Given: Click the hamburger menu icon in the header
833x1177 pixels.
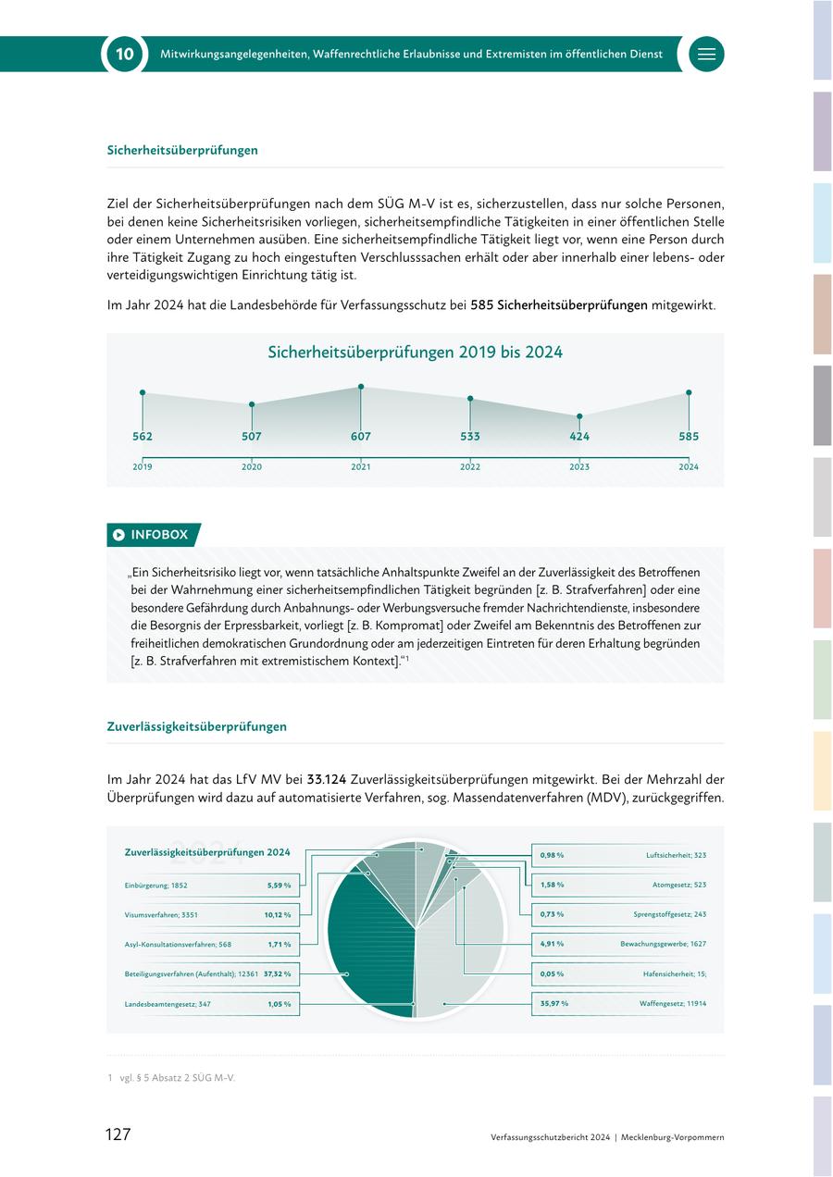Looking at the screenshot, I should tap(706, 54).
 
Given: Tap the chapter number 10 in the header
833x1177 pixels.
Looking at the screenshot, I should tap(124, 54).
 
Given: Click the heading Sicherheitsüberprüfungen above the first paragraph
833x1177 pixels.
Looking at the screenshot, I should tap(182, 150).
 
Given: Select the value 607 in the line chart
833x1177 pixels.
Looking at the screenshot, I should tap(361, 437).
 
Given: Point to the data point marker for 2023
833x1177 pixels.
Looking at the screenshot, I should tap(579, 416).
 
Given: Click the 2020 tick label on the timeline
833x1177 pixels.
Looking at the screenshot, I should tap(252, 467).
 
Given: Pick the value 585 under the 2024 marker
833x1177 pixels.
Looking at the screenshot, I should tap(689, 437).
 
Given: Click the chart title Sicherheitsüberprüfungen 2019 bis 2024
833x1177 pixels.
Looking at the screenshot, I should tap(415, 353).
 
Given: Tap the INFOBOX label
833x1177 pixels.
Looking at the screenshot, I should tap(159, 535).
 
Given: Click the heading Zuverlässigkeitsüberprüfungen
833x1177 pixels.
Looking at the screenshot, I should tap(197, 726).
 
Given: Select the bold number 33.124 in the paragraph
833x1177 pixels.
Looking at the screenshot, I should tap(327, 779).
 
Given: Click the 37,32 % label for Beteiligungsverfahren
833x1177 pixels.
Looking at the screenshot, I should tap(277, 974).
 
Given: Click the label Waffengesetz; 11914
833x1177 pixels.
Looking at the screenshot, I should tap(673, 1004).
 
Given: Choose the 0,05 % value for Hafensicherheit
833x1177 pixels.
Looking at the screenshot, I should tap(553, 974).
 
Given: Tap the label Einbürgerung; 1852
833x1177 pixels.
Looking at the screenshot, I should tap(156, 886).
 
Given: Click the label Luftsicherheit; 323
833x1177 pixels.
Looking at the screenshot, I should tap(676, 856).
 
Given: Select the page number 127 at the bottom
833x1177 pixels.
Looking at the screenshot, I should tap(118, 1134).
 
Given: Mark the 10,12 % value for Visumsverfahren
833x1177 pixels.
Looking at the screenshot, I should tap(278, 915).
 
